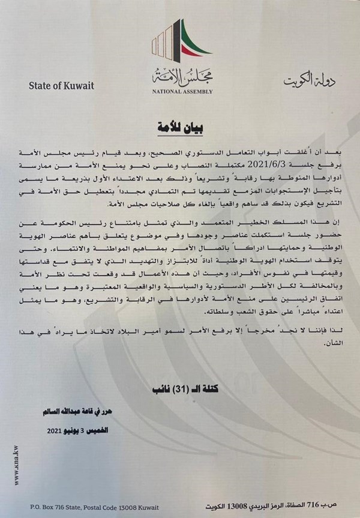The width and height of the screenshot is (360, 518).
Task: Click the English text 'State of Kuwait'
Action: tap(61, 85)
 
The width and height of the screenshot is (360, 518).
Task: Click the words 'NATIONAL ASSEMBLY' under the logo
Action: tap(179, 94)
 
